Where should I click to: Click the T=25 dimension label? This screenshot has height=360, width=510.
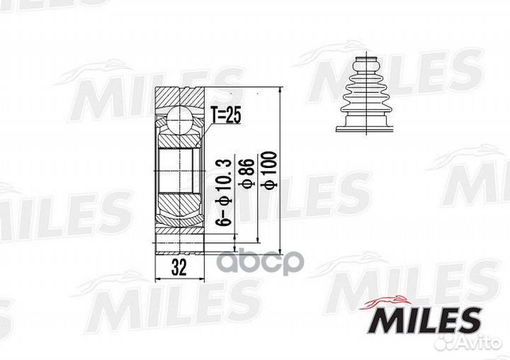click(x=226, y=115)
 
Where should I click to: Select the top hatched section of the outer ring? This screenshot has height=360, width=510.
click(x=179, y=96)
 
